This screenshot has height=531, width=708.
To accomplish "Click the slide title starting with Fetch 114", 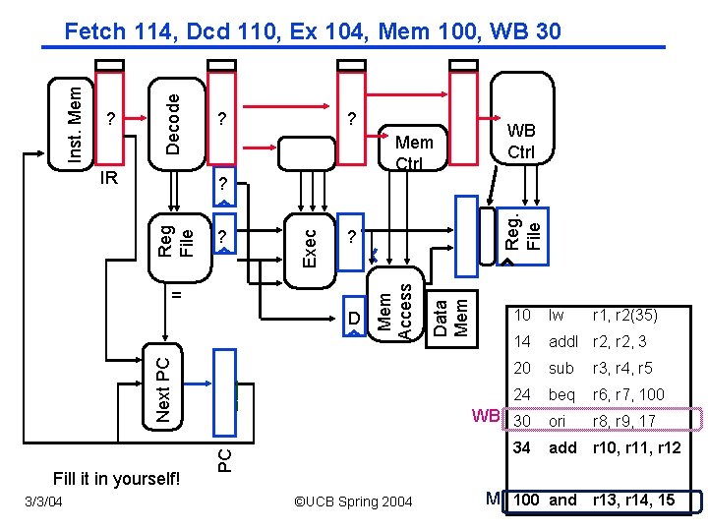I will [313, 31].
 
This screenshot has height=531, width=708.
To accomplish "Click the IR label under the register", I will [110, 178].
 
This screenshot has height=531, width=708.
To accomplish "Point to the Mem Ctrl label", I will [413, 152].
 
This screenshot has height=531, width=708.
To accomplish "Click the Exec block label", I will [309, 248].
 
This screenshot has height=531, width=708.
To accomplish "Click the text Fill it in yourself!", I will [117, 479].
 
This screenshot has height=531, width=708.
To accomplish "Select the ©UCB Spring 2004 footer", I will [353, 501].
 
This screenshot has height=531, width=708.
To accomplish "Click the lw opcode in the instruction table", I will [557, 316].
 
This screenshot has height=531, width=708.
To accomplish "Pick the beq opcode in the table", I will [561, 394].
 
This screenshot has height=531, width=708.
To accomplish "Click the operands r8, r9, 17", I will [623, 421].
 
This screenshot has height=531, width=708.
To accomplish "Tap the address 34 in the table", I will [521, 447].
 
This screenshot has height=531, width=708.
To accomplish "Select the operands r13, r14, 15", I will [632, 500].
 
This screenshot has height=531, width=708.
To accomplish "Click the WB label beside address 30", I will [486, 415].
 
